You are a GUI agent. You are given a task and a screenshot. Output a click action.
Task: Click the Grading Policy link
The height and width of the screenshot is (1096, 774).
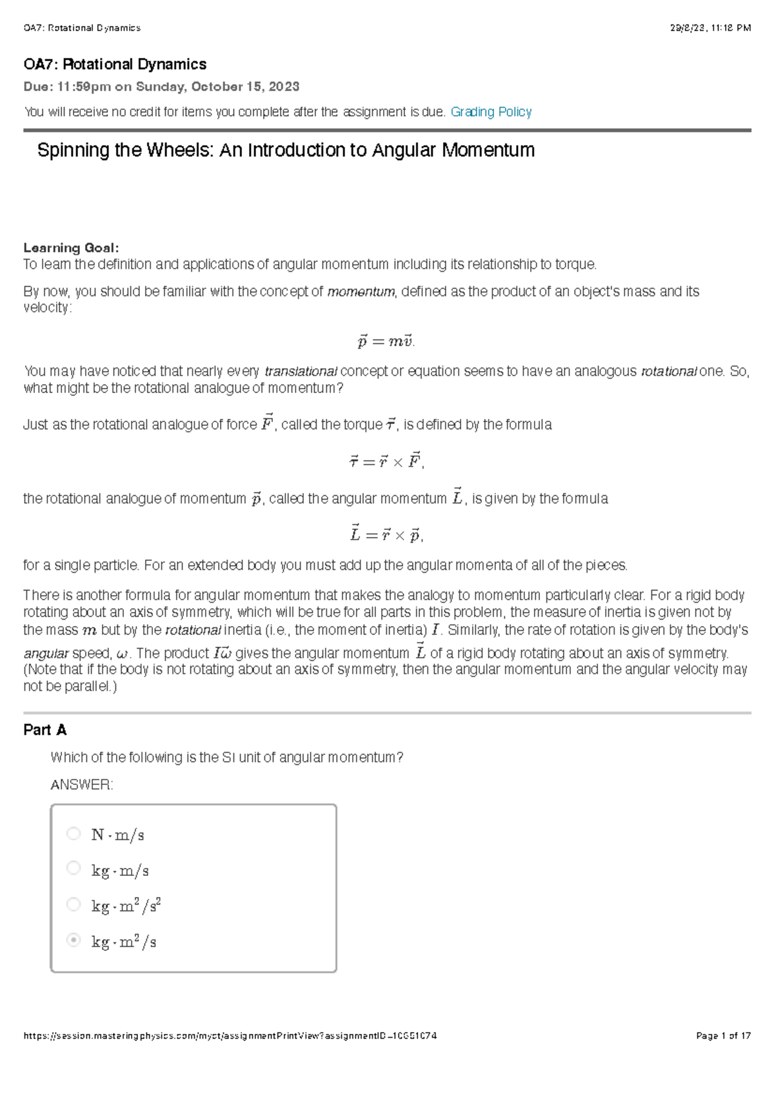491,112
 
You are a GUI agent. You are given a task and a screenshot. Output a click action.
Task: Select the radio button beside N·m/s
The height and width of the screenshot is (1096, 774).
74,833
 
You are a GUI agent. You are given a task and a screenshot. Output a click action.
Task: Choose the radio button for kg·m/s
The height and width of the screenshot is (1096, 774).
74,868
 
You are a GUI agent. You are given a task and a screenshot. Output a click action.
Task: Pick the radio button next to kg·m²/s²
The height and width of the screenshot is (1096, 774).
74,904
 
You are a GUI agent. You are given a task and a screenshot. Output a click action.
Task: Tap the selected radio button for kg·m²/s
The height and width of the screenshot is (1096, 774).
74,940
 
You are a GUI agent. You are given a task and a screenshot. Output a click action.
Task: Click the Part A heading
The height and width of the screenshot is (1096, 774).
45,729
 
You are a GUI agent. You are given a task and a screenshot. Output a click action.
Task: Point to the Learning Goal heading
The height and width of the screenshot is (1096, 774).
71,248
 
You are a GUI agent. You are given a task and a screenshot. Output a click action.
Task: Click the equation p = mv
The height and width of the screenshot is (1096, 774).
386,341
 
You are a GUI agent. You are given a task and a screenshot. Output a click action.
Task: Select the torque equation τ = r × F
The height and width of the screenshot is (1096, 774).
386,462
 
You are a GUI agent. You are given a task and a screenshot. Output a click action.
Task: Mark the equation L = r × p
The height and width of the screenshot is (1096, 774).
386,534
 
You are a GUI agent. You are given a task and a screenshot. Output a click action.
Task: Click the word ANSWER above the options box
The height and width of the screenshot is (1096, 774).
81,784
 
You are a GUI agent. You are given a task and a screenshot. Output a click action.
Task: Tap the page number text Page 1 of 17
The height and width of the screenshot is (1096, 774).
723,1036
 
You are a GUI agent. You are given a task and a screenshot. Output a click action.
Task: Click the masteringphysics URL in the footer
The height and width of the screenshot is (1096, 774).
230,1036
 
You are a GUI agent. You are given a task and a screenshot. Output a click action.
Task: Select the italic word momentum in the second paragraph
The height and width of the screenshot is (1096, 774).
361,292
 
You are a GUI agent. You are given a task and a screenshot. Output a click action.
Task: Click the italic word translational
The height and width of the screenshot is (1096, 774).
301,371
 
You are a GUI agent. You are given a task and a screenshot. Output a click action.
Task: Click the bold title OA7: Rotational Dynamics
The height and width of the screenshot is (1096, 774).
115,65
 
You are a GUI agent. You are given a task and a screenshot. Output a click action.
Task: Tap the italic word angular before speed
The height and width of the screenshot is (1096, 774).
45,653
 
